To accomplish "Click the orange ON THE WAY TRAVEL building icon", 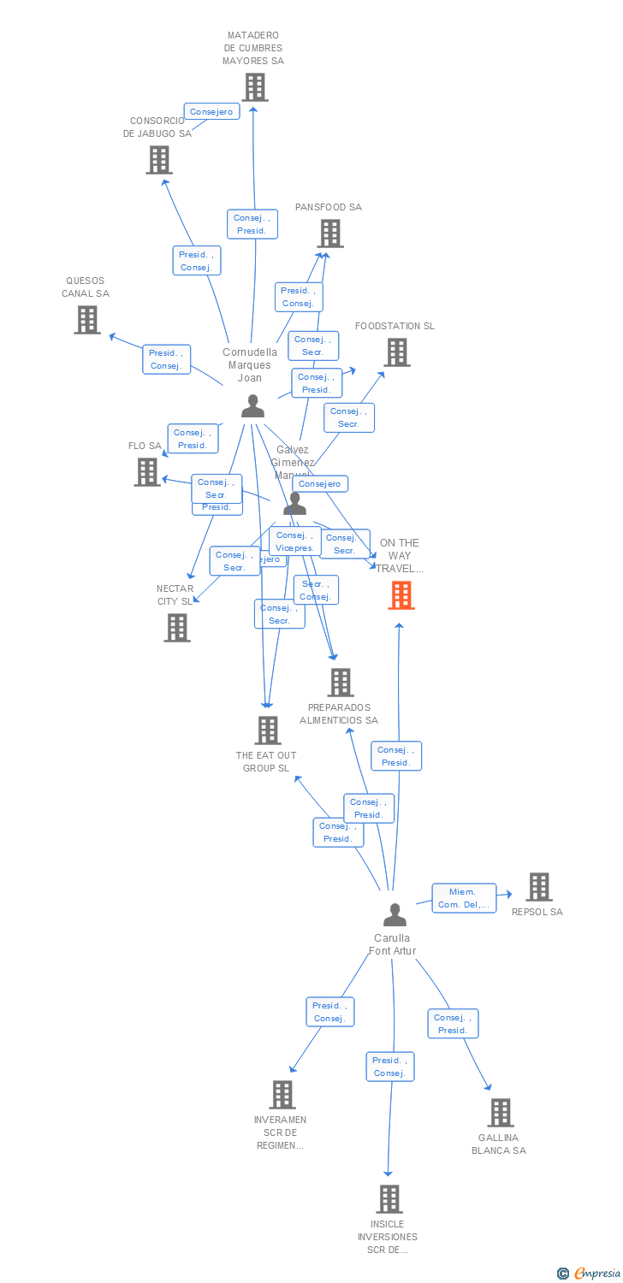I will click(401, 595).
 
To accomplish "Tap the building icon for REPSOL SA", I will click(539, 887).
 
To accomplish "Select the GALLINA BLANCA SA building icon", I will click(501, 1113).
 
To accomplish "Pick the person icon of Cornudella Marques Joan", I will click(252, 405).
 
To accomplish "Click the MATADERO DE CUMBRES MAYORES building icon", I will click(254, 87).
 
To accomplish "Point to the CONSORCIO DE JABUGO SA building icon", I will click(159, 160).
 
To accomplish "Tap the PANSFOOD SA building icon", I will click(330, 234).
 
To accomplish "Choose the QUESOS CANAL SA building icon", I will click(87, 320).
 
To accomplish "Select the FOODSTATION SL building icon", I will click(396, 352).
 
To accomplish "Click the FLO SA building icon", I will click(147, 472).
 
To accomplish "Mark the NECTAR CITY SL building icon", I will click(177, 628).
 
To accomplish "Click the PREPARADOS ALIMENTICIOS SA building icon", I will click(341, 683).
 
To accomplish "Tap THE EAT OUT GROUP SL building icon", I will click(268, 730).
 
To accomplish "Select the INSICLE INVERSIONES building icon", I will click(389, 1199).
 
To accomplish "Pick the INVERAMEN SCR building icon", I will click(282, 1095).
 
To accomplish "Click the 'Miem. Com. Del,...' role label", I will click(464, 898).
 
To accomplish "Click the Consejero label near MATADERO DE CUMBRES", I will click(211, 112).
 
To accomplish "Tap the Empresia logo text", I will click(596, 1274).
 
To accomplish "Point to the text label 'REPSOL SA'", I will click(537, 912).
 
